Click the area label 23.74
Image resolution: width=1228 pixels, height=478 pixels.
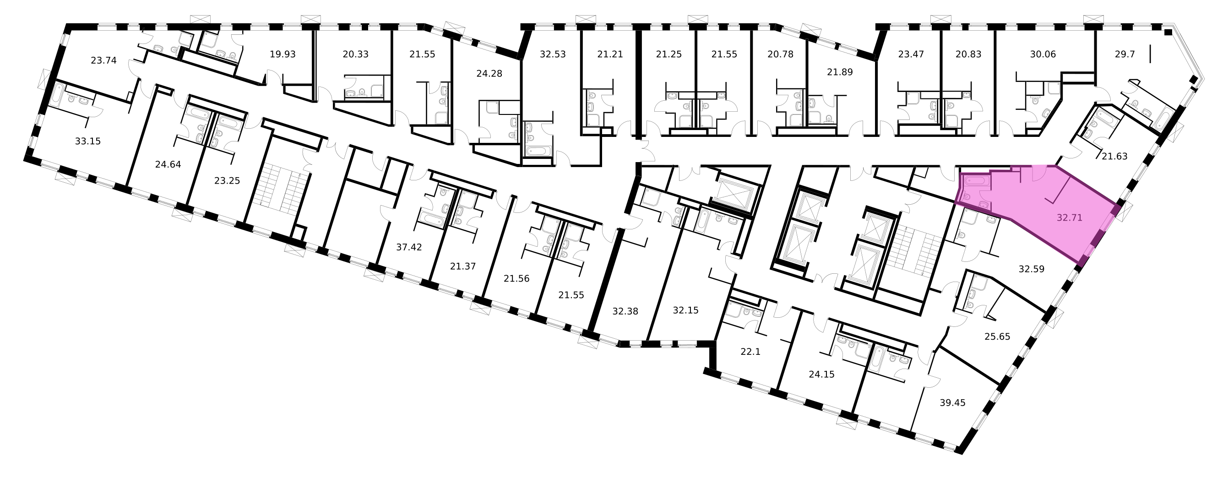click(x=103, y=60)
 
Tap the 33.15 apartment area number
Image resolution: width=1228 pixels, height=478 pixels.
click(x=88, y=141)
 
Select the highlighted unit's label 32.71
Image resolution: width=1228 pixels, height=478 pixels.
click(x=1069, y=218)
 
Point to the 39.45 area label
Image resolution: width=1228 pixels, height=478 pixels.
click(x=952, y=403)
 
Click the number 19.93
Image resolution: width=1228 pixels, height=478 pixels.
click(x=283, y=54)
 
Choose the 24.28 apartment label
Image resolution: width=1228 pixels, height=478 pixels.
click(x=489, y=74)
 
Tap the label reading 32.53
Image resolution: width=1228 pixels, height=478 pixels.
click(x=553, y=54)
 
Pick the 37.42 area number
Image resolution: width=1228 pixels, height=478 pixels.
click(x=409, y=247)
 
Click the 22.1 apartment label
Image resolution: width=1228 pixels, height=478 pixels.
click(x=750, y=352)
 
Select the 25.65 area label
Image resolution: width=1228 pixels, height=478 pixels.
click(x=997, y=337)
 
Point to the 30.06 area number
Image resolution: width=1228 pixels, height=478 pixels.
click(x=1043, y=54)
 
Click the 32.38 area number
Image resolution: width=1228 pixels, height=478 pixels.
click(x=625, y=311)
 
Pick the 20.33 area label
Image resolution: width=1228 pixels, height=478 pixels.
click(x=356, y=54)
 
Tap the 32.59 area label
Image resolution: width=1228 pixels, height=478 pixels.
click(x=1032, y=269)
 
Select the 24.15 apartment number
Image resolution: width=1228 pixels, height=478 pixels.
click(x=822, y=375)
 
